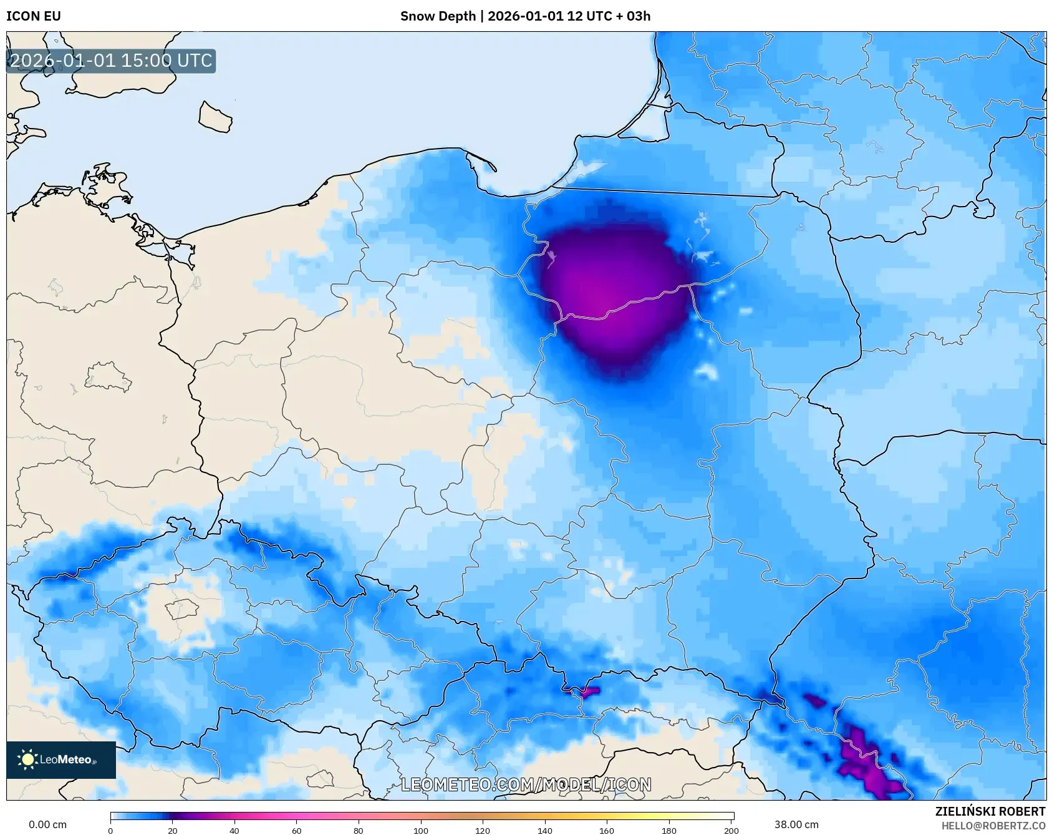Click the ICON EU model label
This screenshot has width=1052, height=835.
pos(34,16)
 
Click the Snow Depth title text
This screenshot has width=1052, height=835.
pos(525,16)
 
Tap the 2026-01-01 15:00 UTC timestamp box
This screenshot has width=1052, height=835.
pos(111,61)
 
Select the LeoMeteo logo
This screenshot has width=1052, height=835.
pos(61,759)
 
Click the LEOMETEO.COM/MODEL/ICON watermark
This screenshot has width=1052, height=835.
pos(526,784)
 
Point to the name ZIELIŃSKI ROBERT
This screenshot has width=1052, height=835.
pos(990,811)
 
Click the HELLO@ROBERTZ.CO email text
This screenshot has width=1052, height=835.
pos(993,826)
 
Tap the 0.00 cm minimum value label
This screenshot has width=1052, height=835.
pos(48,824)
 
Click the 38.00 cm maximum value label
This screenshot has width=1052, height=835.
pos(796,824)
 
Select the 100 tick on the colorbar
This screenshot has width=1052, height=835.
pos(421,831)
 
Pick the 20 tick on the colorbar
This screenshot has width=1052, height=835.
pos(173,831)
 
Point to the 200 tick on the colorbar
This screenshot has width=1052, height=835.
pos(731,831)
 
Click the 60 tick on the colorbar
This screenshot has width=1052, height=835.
pos(297,831)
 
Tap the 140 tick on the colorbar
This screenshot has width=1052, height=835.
pos(545,831)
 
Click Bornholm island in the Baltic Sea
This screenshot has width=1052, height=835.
pos(215,117)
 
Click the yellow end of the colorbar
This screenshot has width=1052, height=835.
pos(717,816)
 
